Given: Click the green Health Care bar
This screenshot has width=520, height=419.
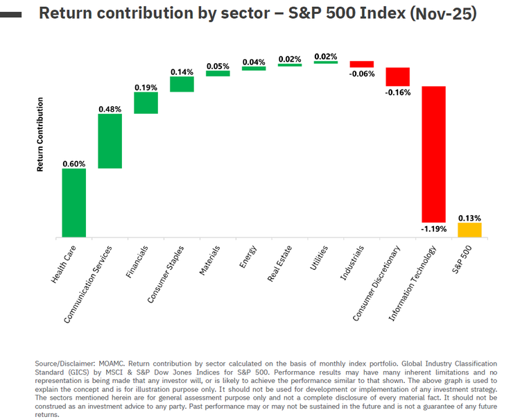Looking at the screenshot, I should click(73, 203).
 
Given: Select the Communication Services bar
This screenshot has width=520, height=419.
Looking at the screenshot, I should click(110, 141).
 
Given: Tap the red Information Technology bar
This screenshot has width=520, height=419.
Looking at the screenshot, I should click(433, 153).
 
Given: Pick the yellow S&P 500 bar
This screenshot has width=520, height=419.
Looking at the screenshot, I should click(469, 230).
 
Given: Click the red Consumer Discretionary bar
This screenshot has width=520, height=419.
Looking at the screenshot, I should click(397, 76).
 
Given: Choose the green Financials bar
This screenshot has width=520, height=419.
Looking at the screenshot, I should click(146, 103).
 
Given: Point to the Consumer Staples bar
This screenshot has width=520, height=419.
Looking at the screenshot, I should click(182, 84).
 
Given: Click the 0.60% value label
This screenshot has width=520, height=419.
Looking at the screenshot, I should click(73, 164).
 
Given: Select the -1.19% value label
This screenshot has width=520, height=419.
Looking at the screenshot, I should click(433, 228).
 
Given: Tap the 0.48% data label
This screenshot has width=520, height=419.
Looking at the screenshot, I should click(110, 109).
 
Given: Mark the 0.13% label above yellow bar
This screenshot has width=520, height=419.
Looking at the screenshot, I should click(469, 216).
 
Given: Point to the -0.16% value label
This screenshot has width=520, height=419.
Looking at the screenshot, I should click(398, 92).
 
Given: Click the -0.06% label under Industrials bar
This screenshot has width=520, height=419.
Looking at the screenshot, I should click(361, 73).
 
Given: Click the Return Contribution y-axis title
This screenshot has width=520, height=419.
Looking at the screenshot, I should click(40, 135).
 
